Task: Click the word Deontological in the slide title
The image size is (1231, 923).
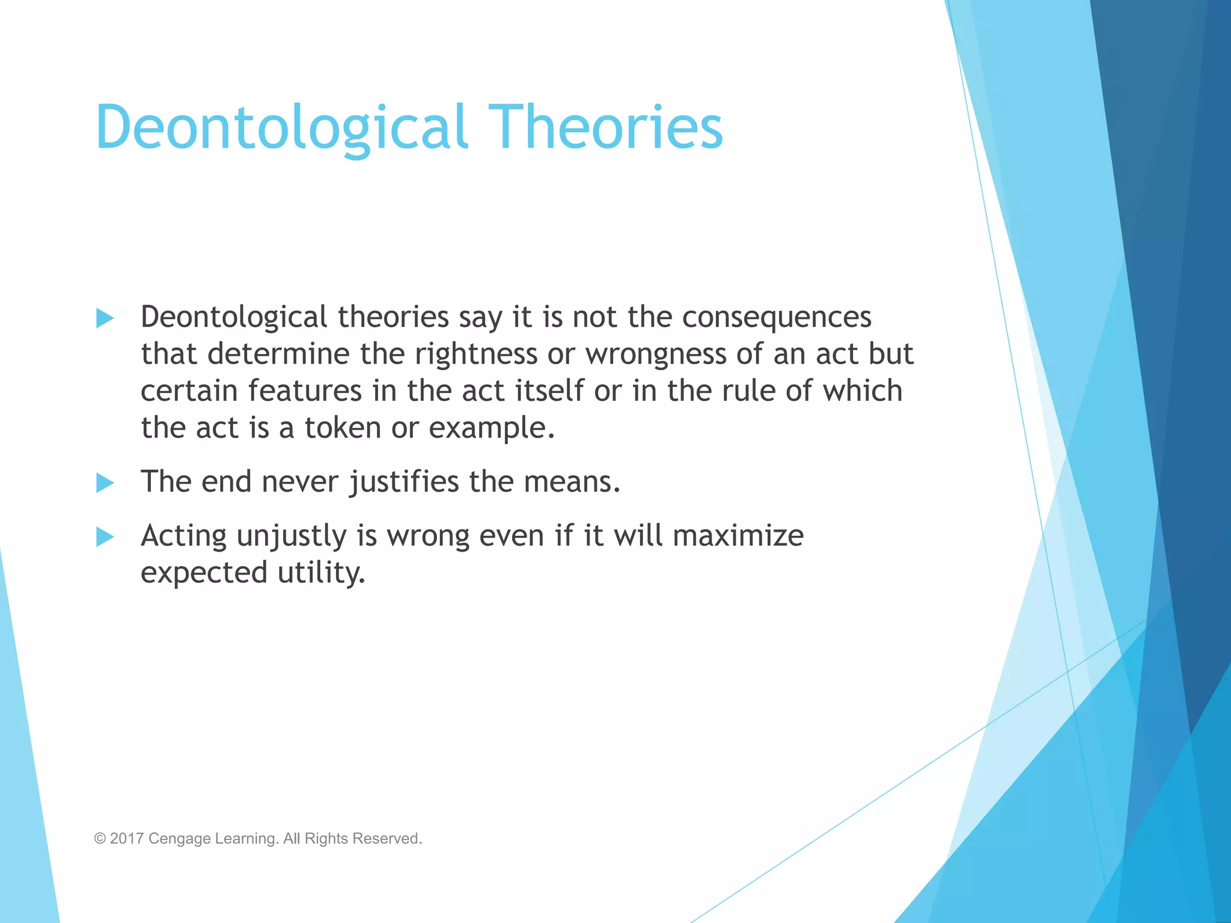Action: pyautogui.click(x=281, y=127)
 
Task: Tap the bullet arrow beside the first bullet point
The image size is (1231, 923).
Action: pyautogui.click(x=105, y=318)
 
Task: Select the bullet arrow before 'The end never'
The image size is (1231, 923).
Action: pyautogui.click(x=105, y=483)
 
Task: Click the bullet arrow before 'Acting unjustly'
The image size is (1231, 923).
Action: pyautogui.click(x=105, y=537)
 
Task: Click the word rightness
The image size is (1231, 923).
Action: pyautogui.click(x=476, y=354)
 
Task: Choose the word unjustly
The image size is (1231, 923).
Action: pyautogui.click(x=291, y=537)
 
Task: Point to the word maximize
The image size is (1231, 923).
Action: pyautogui.click(x=738, y=535)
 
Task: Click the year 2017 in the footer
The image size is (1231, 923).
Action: pyautogui.click(x=126, y=838)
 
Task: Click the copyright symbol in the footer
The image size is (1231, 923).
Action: pyautogui.click(x=100, y=838)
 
